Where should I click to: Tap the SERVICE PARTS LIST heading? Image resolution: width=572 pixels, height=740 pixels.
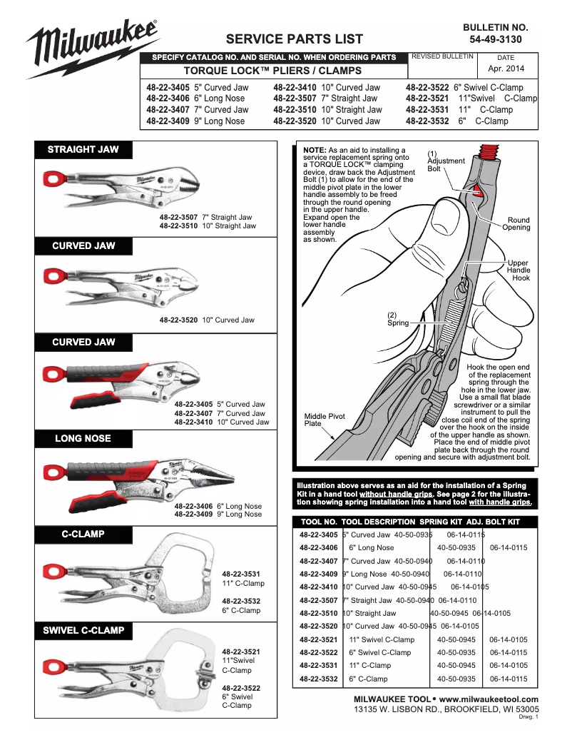pyautogui.click(x=294, y=39)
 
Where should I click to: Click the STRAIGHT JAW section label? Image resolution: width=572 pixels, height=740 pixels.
pyautogui.click(x=83, y=150)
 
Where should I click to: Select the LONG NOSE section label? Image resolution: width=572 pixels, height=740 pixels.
pyautogui.click(x=83, y=438)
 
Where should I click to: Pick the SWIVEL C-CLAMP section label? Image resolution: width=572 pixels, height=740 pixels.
pyautogui.click(x=83, y=630)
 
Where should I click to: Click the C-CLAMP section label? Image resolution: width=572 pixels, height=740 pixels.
pyautogui.click(x=83, y=534)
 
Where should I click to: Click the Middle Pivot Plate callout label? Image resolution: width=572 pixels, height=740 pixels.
pyautogui.click(x=325, y=420)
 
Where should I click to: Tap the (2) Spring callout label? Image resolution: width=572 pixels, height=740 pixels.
pyautogui.click(x=397, y=319)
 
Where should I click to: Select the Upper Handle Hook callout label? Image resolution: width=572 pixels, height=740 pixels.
pyautogui.click(x=518, y=270)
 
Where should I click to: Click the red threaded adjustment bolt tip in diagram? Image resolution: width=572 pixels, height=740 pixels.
pyautogui.click(x=489, y=151)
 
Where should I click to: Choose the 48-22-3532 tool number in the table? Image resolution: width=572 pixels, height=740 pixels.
pyautogui.click(x=318, y=679)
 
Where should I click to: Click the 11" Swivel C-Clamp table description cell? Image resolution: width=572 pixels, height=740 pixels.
pyautogui.click(x=382, y=640)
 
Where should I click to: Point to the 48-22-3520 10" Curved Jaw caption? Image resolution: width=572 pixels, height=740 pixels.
pyautogui.click(x=207, y=320)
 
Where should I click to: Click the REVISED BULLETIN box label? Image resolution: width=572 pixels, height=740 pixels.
pyautogui.click(x=442, y=56)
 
